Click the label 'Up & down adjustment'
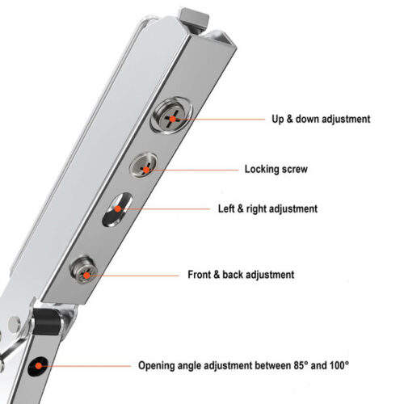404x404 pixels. tap(321, 119)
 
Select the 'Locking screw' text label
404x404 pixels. tap(276, 170)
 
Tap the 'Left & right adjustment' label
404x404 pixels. tap(267, 208)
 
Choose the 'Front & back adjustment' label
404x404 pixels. tap(241, 275)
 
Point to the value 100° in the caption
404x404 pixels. tap(335, 366)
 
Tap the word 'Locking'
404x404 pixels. tap(260, 170)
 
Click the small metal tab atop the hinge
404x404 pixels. tap(193, 15)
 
